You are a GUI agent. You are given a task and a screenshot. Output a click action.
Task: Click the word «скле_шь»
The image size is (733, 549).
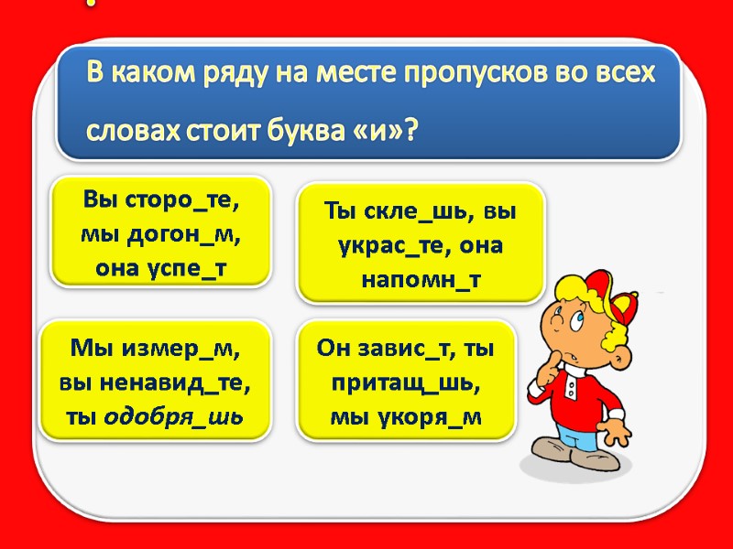[x=418, y=212]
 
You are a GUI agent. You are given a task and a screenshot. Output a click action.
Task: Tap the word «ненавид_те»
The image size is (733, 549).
[x=181, y=382]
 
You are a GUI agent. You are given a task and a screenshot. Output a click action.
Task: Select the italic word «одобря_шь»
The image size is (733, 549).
[x=173, y=417]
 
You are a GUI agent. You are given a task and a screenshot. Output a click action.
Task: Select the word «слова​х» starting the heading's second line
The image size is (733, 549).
[x=133, y=133]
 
